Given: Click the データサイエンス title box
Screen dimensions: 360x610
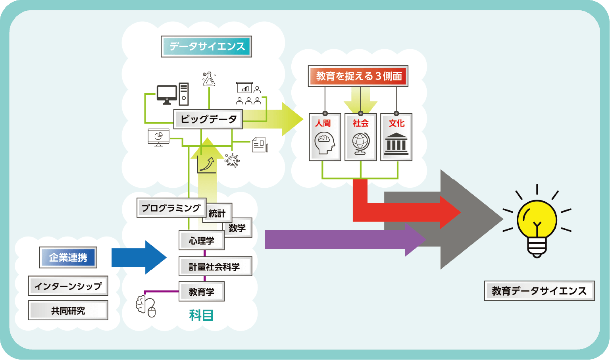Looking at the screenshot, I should click(x=206, y=46).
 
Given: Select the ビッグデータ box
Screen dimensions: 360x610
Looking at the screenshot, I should click(x=208, y=119).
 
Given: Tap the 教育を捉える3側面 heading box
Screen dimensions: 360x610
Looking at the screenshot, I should click(x=358, y=76).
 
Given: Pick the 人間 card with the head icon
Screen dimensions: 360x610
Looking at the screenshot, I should click(x=325, y=137).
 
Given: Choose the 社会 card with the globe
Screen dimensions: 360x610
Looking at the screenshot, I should click(x=360, y=137).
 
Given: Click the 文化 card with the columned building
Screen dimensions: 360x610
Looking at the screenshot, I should click(x=396, y=137).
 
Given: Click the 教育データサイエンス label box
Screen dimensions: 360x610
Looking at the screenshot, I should click(x=539, y=291).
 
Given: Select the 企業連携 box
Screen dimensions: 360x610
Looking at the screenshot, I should click(x=68, y=258).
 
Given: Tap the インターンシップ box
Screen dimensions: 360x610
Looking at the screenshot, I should click(x=68, y=286).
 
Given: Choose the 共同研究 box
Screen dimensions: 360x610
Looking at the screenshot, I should click(x=68, y=310).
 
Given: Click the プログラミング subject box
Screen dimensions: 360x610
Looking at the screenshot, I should click(x=171, y=208).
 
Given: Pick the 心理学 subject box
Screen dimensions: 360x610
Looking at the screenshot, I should click(x=201, y=241).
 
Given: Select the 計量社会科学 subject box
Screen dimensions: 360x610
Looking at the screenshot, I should click(x=215, y=267).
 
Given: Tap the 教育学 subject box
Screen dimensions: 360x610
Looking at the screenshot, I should click(x=201, y=292).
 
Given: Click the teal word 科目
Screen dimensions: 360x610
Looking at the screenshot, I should click(x=201, y=316).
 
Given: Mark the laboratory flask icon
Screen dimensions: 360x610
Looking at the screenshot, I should click(x=209, y=79).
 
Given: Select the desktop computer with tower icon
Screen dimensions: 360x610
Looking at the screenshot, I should click(x=172, y=94).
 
